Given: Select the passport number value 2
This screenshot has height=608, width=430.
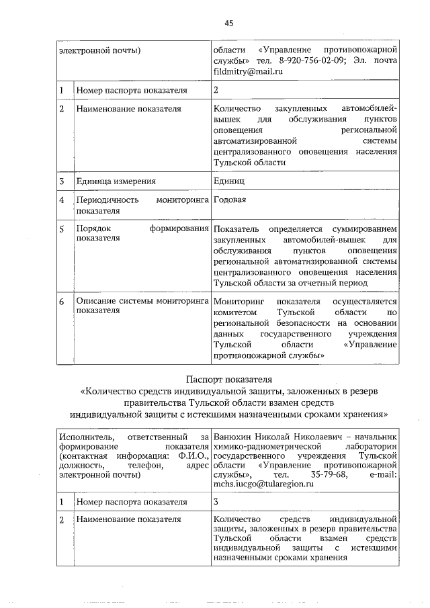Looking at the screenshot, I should [x=216, y=89].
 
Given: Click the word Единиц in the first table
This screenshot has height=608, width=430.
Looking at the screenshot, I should [x=228, y=181].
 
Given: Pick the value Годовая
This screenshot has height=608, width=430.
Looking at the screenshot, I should [x=230, y=200].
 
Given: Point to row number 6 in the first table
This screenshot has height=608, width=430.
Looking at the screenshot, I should [x=61, y=302].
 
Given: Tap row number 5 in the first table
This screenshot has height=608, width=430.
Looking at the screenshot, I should [x=61, y=229].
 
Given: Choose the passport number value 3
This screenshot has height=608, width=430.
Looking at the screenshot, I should [x=216, y=501].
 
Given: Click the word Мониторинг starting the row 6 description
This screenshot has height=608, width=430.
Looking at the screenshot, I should [x=237, y=302].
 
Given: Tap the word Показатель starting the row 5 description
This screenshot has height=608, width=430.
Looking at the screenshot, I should [x=236, y=229].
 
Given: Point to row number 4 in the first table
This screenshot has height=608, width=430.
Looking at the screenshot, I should [x=61, y=200].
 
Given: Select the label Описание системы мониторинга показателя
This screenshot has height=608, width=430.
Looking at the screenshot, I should [x=140, y=306].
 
